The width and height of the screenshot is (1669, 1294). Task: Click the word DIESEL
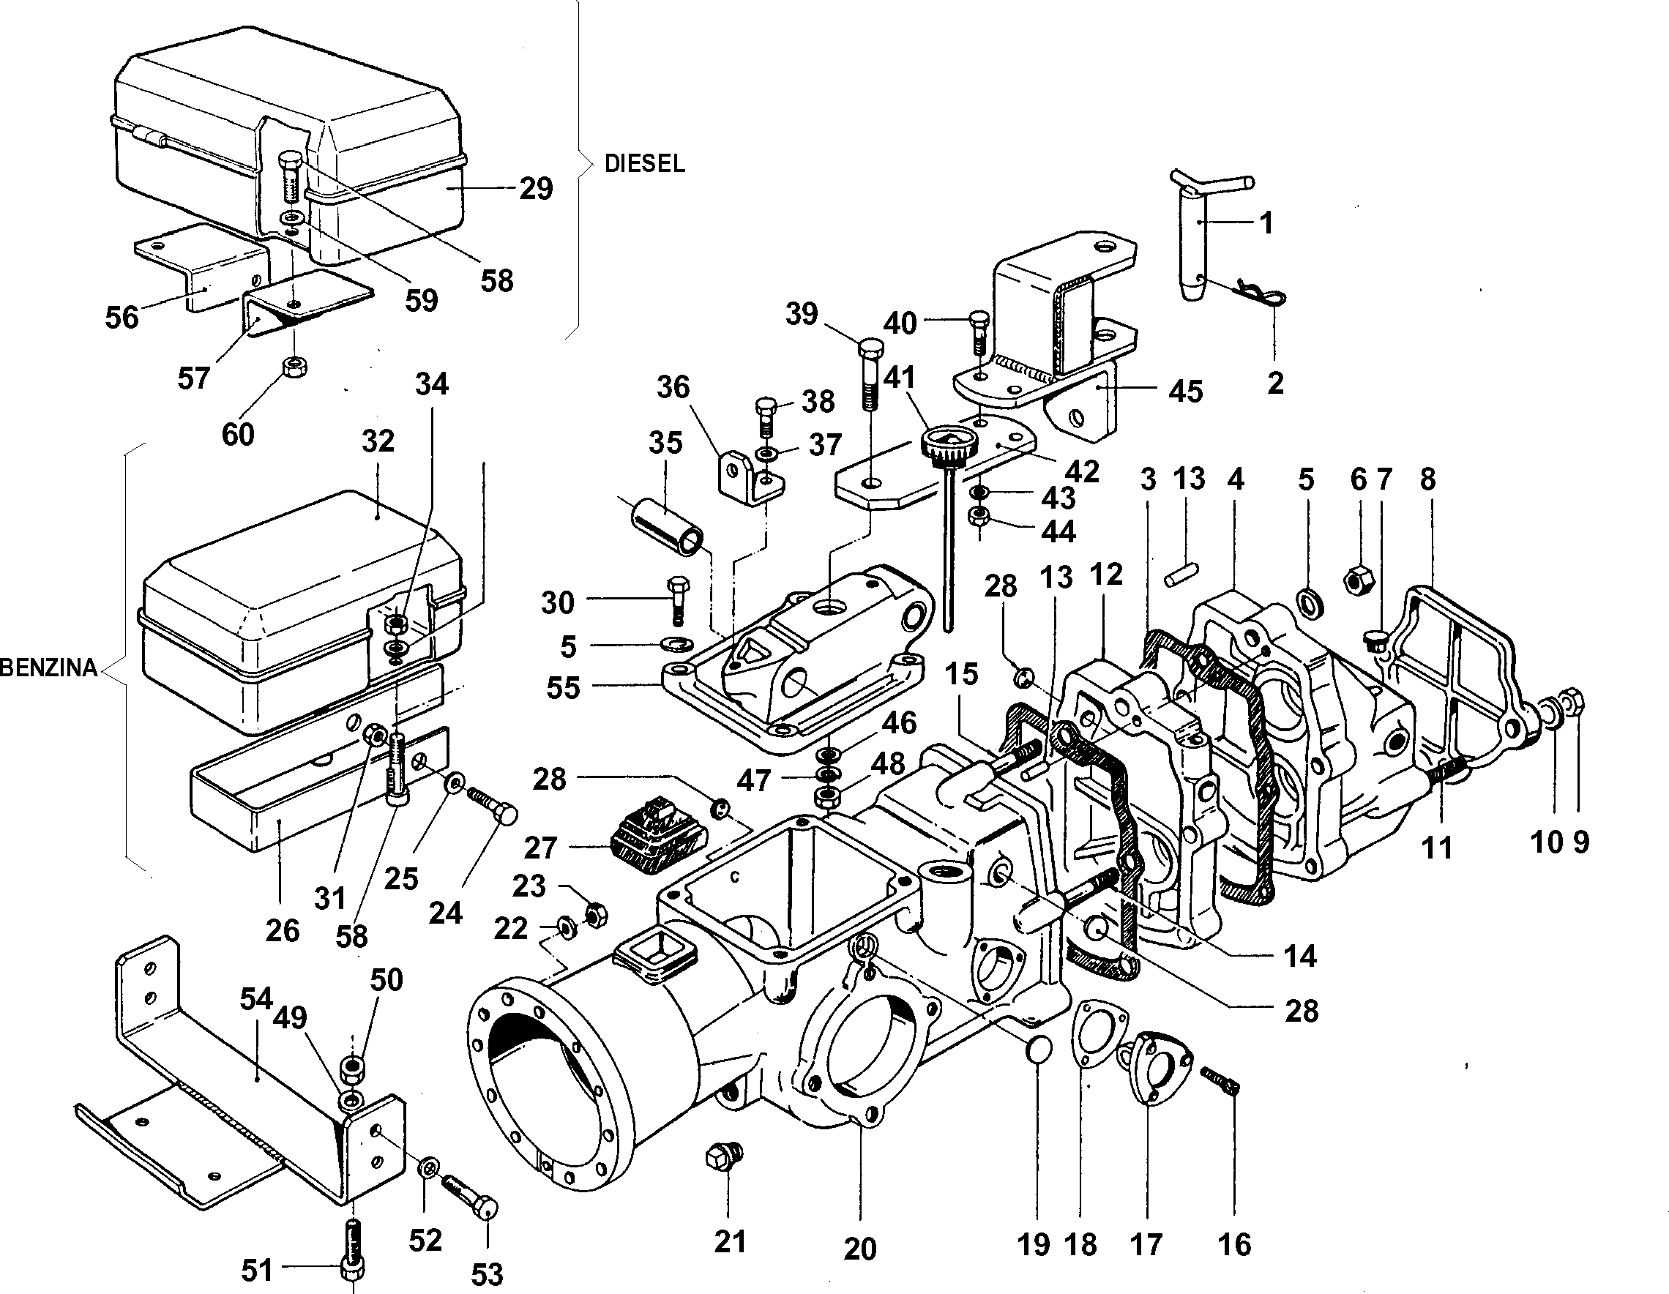tap(644, 163)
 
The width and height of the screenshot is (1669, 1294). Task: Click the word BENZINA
tap(49, 667)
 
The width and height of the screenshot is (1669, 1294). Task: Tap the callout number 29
tap(536, 188)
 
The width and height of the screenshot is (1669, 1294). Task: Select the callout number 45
tap(1185, 391)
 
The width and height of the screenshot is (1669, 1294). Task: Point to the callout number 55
tap(563, 687)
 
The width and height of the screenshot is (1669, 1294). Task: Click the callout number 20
tap(859, 1249)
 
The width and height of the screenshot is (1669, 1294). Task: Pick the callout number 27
tap(541, 848)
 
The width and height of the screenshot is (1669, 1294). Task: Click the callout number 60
tap(238, 435)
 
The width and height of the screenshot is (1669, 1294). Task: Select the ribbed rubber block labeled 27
tap(657, 836)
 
